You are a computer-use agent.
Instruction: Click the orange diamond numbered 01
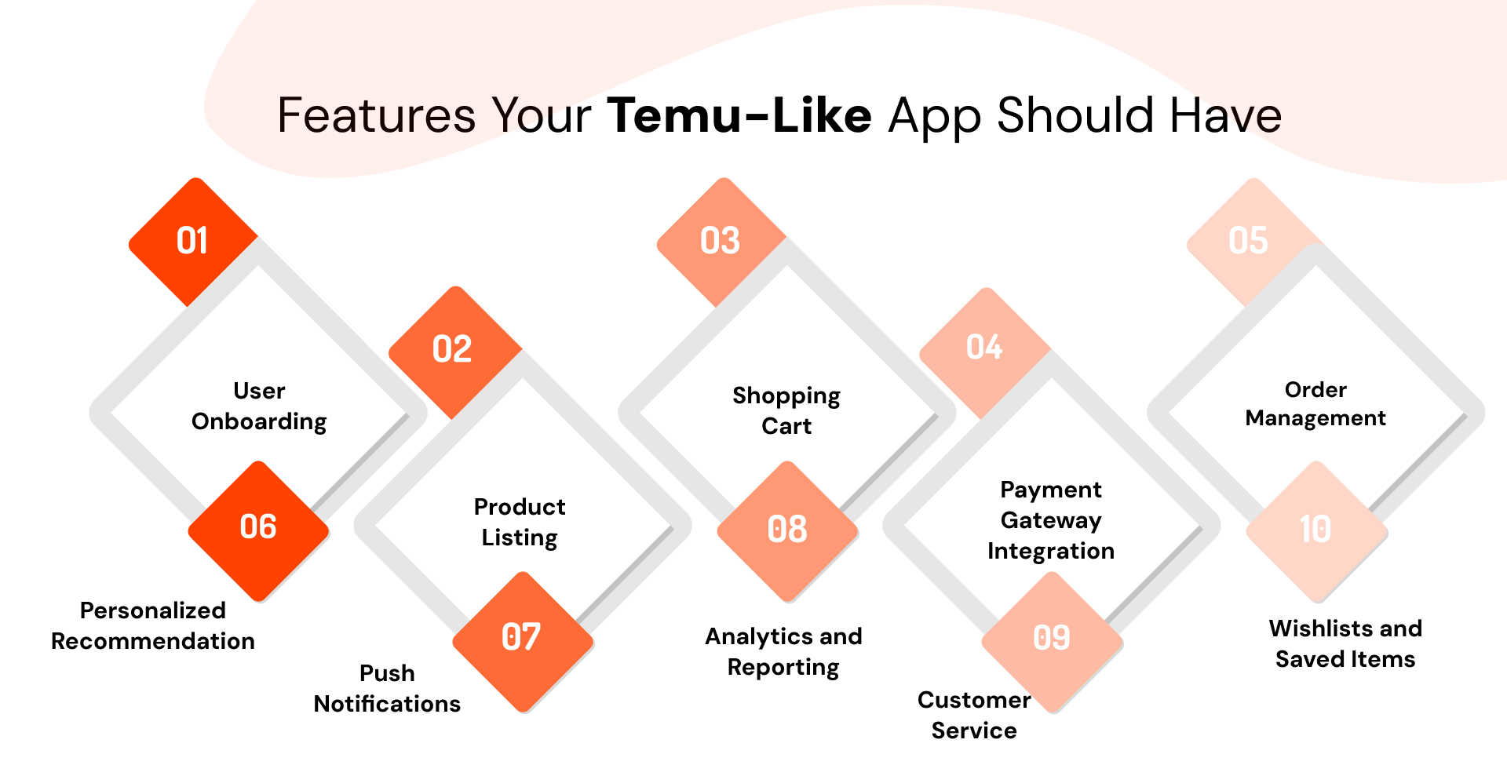pos(193,241)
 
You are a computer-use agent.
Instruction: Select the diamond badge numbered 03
pos(721,241)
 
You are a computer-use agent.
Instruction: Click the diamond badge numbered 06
pos(258,528)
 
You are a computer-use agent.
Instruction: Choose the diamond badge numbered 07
pos(522,638)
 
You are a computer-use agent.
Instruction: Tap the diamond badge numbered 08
pos(787,530)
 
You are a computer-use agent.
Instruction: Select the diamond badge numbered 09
pos(1052,639)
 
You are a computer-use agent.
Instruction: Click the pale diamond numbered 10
pos(1316,530)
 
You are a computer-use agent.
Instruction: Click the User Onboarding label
pos(259,406)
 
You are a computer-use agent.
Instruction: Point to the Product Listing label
pos(520,523)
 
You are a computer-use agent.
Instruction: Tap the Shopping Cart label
pos(786,411)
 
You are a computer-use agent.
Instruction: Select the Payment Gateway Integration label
pos(1051,520)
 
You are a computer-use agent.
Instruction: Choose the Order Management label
pos(1315,404)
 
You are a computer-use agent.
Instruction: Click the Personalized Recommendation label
pos(153,626)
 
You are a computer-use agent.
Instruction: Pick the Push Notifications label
pos(387,689)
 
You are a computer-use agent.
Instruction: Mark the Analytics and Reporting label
pos(783,652)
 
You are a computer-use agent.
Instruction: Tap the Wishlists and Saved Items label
pos(1345,644)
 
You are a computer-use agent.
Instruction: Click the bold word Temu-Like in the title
pos(739,116)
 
